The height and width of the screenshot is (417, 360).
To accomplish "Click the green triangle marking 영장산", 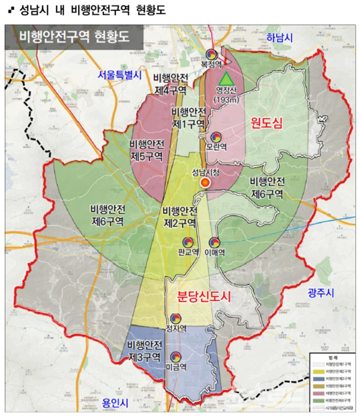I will (226, 79).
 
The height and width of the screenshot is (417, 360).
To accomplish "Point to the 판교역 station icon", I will (188, 242).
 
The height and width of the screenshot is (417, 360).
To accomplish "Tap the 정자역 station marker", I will (176, 318).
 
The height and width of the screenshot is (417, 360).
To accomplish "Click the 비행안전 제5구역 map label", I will (146, 150).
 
